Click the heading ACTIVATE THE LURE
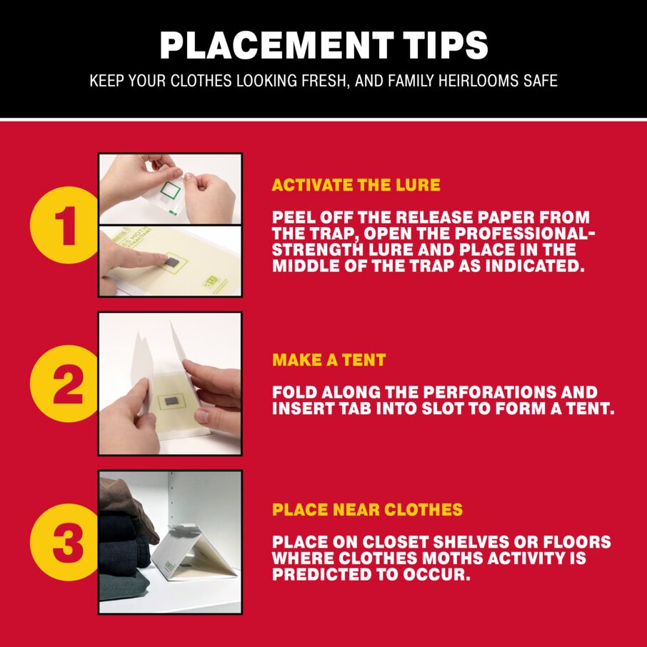pyautogui.click(x=356, y=185)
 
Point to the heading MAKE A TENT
pyautogui.click(x=329, y=360)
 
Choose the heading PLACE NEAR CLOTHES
pyautogui.click(x=367, y=510)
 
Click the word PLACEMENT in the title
pyautogui.click(x=276, y=45)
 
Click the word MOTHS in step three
pyautogui.click(x=453, y=558)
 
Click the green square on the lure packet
pyautogui.click(x=170, y=190)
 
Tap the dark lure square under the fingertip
pyautogui.click(x=170, y=261)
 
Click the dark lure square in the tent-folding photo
pyautogui.click(x=171, y=401)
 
